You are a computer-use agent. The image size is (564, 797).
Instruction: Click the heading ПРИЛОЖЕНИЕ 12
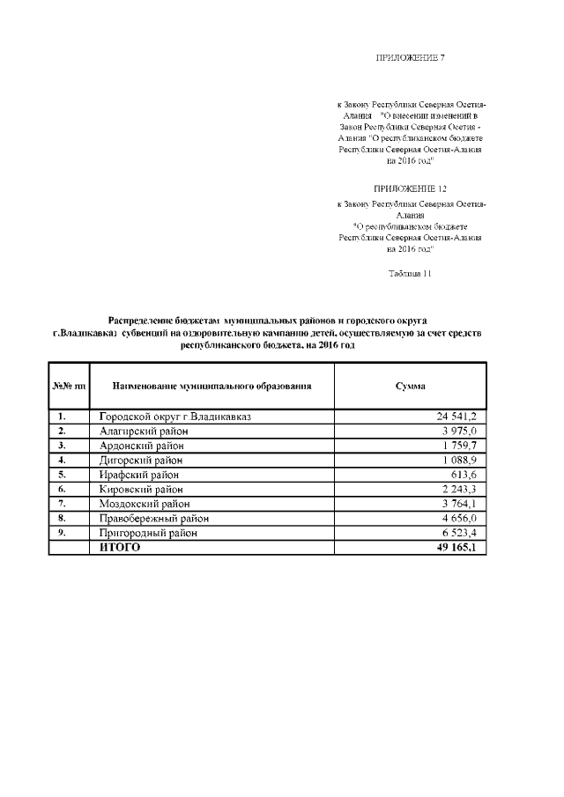[411, 188]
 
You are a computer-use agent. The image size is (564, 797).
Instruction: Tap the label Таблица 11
[410, 273]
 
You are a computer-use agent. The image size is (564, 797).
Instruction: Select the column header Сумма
[411, 386]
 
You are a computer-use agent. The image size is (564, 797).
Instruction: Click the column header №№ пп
[69, 386]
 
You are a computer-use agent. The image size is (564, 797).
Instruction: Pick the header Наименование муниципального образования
[211, 386]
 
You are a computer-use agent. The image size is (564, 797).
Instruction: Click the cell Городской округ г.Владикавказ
[175, 417]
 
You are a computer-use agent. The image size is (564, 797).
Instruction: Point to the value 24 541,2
[456, 417]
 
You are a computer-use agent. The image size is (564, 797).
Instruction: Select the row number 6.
[62, 489]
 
